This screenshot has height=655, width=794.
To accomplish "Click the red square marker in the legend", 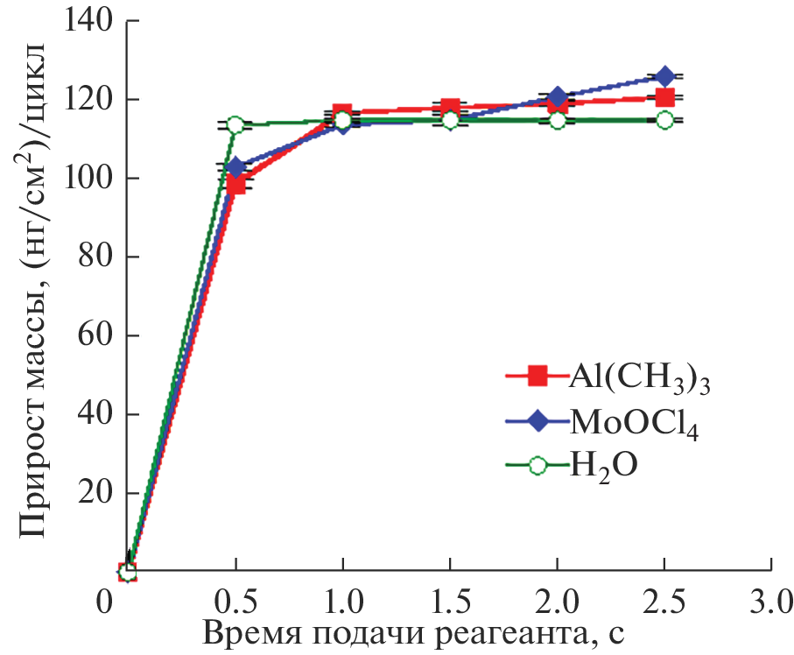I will coord(538,377).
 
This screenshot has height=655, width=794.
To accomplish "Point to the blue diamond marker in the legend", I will coord(538,422).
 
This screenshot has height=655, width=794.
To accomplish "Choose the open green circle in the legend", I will coord(538,466).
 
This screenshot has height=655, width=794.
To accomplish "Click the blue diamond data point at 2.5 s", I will coord(664,77).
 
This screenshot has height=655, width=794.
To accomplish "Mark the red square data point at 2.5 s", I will coord(664,97).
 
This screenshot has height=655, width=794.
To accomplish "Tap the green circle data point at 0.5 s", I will coord(235,124).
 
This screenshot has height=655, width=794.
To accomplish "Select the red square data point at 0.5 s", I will coord(235,185).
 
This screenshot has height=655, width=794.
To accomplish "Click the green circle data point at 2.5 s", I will coord(664,120).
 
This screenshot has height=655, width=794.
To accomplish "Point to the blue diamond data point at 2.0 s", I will coord(557,96).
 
